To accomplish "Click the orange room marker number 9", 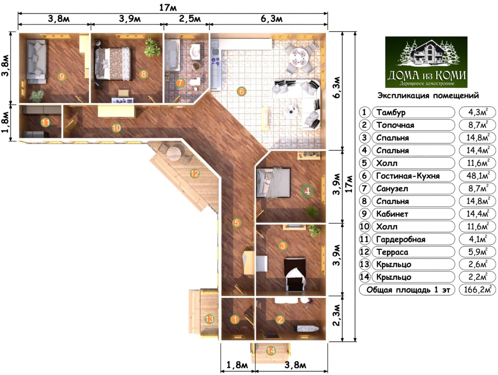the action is (x=62, y=77).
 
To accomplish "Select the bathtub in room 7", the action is (x=172, y=55).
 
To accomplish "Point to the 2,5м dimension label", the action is (x=190, y=19).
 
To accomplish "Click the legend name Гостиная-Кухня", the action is (x=408, y=176).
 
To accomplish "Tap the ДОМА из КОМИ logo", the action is (x=426, y=62).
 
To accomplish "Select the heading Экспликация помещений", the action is (x=428, y=96).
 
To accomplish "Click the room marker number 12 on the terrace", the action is (x=195, y=174).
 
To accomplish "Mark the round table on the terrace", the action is (x=174, y=154).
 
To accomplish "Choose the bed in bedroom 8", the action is (x=113, y=64).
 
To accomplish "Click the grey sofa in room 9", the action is (x=37, y=62).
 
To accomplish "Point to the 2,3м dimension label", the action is (x=337, y=319).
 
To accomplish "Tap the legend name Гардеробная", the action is (x=400, y=239).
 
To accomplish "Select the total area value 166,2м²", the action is (x=478, y=289).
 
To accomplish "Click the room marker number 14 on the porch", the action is (x=271, y=351).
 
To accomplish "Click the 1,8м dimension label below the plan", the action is (x=237, y=365).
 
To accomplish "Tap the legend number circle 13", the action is (x=365, y=265).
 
